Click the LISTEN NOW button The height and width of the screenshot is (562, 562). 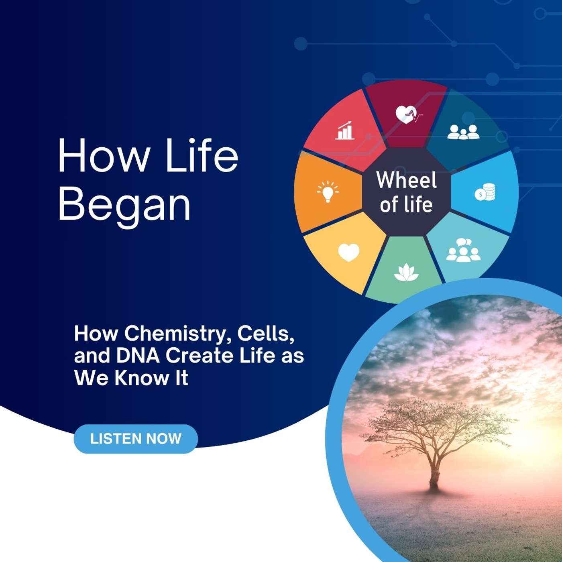pyautogui.click(x=136, y=439)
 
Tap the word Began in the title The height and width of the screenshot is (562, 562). pyautogui.click(x=124, y=204)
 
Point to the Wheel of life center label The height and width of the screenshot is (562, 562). pyautogui.click(x=406, y=192)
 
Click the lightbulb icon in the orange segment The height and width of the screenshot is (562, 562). pyautogui.click(x=328, y=191)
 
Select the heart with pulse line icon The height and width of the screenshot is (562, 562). pyautogui.click(x=409, y=115)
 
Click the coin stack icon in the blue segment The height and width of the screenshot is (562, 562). pyautogui.click(x=485, y=192)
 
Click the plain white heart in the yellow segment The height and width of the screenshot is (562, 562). pyautogui.click(x=348, y=252)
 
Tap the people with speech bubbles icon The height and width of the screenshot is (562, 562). pyautogui.click(x=463, y=250)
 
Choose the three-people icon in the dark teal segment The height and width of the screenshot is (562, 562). pyautogui.click(x=463, y=132)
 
